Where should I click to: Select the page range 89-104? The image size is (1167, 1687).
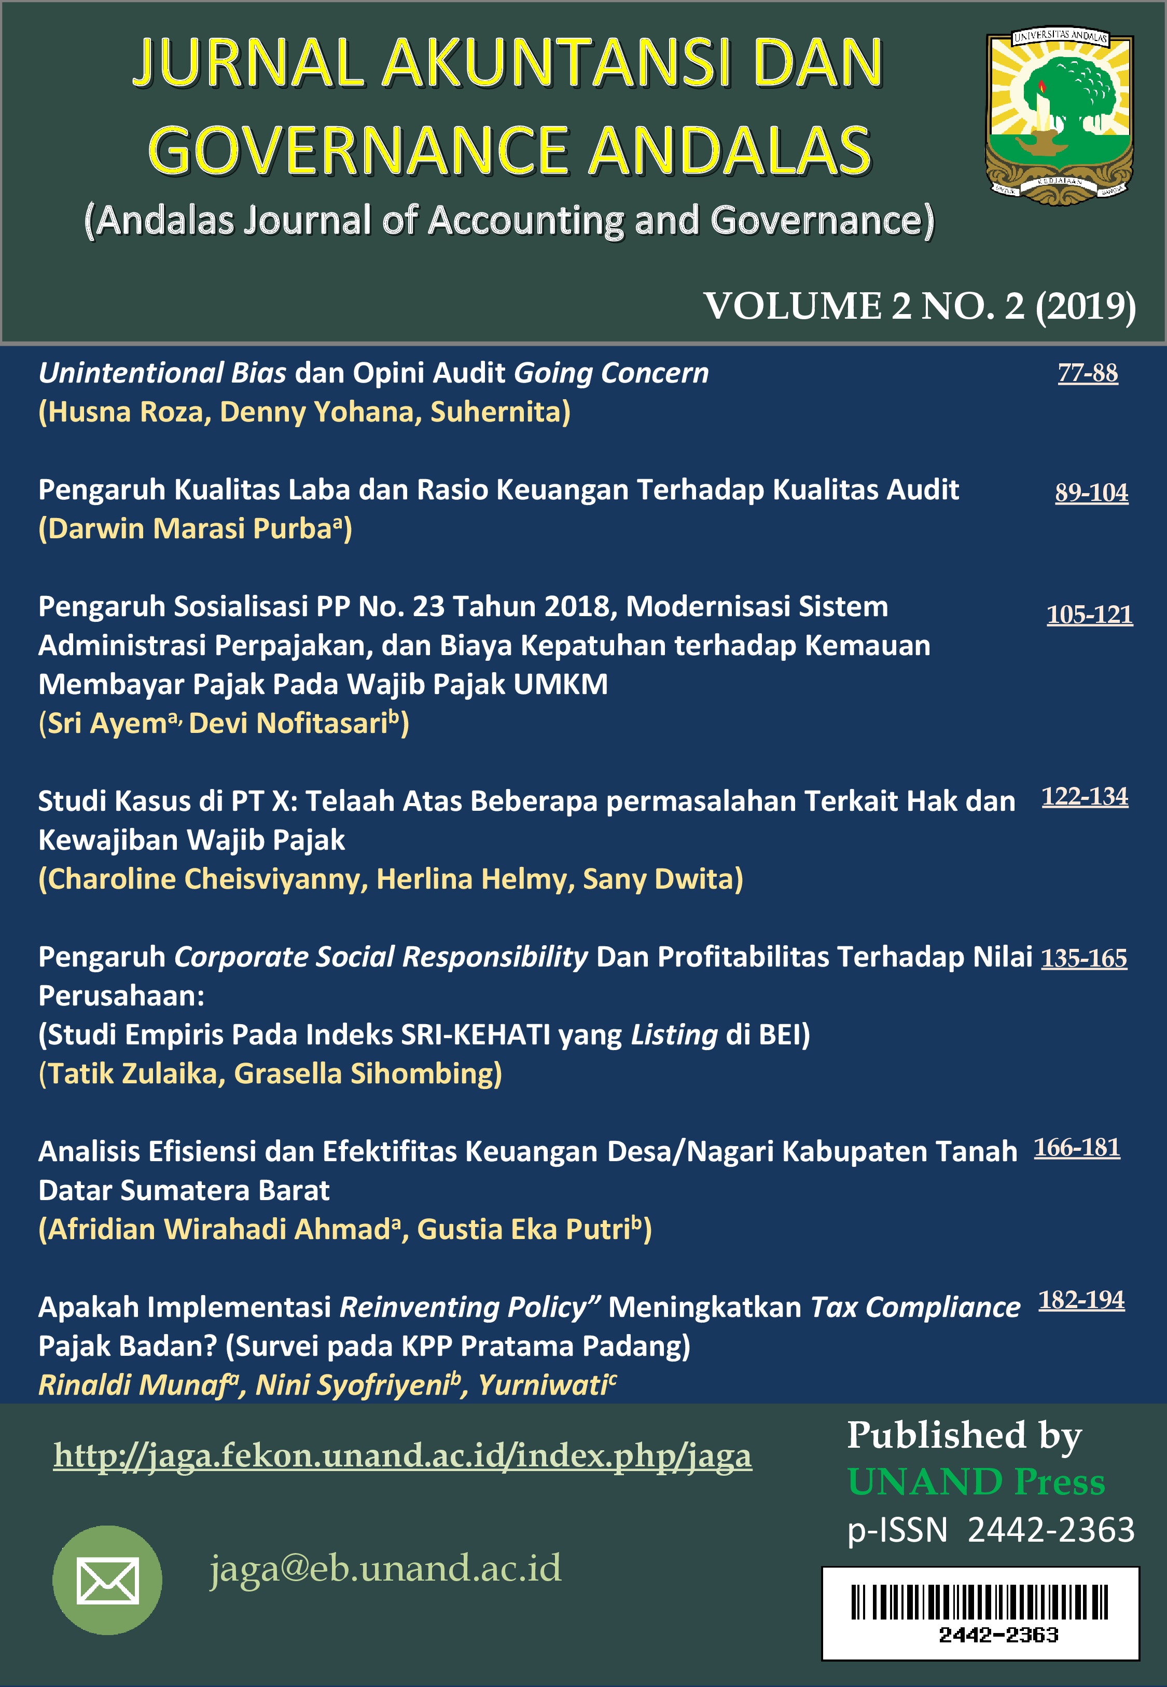click(x=1091, y=493)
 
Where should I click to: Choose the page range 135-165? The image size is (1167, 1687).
click(x=1083, y=958)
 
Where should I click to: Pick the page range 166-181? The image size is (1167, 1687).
click(x=1076, y=1147)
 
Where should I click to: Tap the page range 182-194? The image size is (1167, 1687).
click(x=1081, y=1299)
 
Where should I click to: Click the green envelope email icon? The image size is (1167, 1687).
click(x=107, y=1580)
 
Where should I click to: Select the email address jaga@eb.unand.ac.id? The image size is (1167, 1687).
click(x=385, y=1568)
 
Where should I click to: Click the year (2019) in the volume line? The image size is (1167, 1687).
click(x=1085, y=306)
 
